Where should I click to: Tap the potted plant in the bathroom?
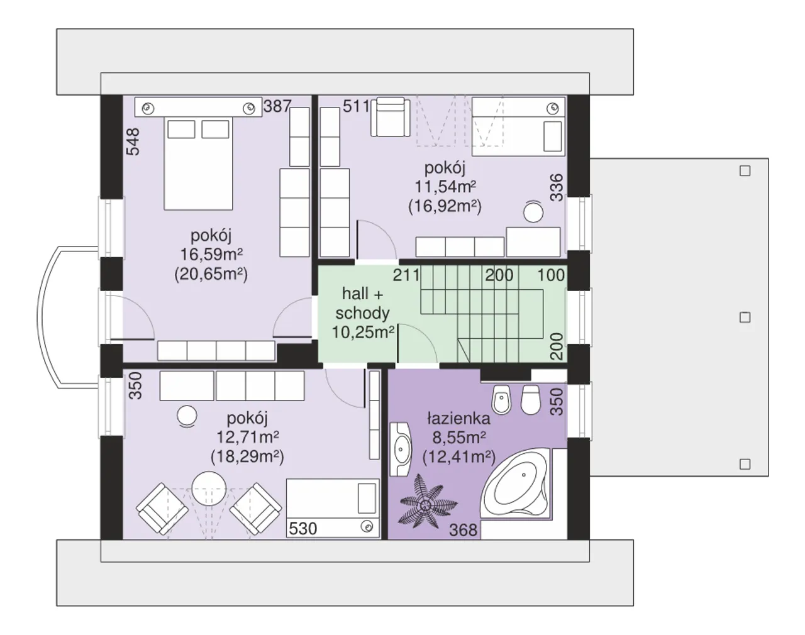(x=426, y=501)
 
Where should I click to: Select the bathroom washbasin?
(x=401, y=449)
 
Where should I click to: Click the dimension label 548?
(x=133, y=141)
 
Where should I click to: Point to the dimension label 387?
(x=277, y=106)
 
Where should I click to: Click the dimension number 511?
(x=356, y=106)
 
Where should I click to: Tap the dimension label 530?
(x=303, y=529)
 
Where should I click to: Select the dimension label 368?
(x=464, y=530)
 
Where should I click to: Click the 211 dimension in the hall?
(x=406, y=275)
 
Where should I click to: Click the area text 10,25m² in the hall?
(x=364, y=332)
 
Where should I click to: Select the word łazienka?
(x=459, y=418)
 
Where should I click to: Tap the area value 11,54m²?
(x=445, y=186)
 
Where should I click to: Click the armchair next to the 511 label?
(x=391, y=117)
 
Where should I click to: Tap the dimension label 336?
(x=557, y=187)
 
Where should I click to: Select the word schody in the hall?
(x=362, y=313)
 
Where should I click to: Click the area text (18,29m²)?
(x=248, y=456)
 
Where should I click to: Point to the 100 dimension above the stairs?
(x=551, y=275)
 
